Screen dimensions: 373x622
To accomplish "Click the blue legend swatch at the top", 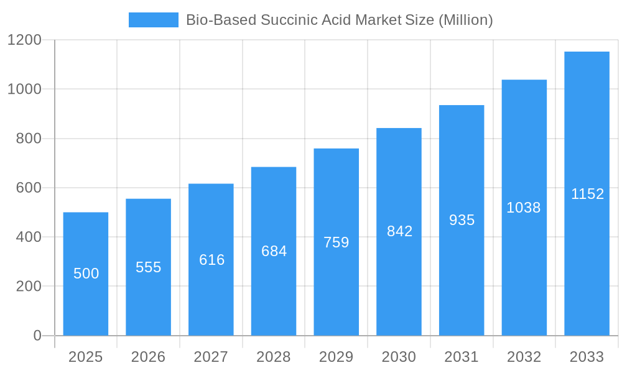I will coord(153,20).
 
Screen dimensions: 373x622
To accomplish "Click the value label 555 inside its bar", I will coord(149,267).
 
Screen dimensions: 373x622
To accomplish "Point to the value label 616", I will coord(211,260).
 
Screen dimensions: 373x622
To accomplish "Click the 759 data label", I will coord(337,242).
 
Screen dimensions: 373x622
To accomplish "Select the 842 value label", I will coord(399,231).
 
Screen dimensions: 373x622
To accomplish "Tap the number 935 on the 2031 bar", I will coord(462,220).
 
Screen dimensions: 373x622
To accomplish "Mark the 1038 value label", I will coord(524,208).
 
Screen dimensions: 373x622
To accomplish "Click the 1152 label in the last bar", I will coord(587,194).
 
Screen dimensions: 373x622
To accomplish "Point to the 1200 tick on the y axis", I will coord(24,40).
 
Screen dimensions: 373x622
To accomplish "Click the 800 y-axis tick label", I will coord(29,139).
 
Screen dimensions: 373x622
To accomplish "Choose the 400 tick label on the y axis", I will coord(29,237).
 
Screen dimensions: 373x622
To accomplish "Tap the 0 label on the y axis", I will coord(37,336).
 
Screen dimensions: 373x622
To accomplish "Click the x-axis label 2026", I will coord(149,357).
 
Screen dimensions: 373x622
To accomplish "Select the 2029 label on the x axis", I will coord(337,357).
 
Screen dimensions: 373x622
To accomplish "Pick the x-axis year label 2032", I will coord(524,357).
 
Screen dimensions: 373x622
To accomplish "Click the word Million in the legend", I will coord(466,20).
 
